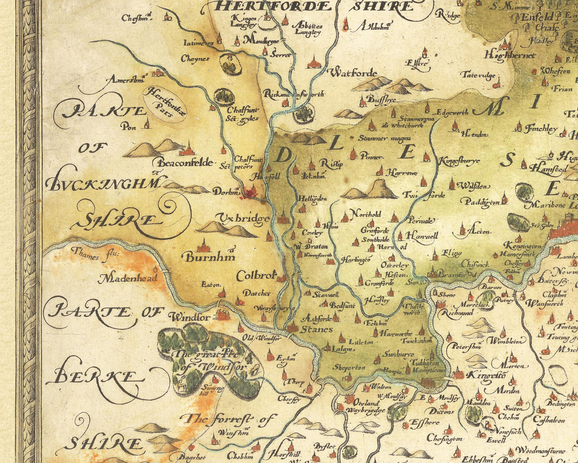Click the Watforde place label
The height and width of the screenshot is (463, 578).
coord(352,73)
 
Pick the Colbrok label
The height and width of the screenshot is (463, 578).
coord(256,276)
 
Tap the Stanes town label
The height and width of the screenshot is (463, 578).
coord(316,329)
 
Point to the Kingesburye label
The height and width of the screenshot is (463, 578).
coord(459,161)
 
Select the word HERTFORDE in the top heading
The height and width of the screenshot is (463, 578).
coord(274,6)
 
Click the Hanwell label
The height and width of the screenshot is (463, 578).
coord(422,236)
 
